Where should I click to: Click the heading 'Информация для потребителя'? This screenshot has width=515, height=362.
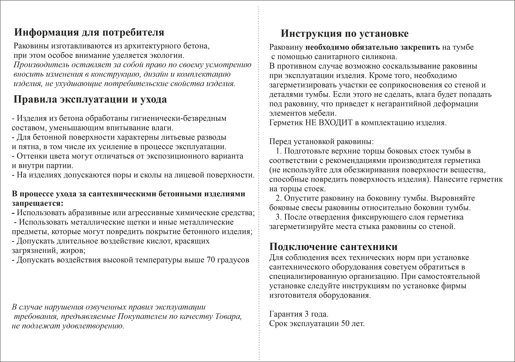point(89,33)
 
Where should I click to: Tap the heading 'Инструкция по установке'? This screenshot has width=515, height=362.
point(344,33)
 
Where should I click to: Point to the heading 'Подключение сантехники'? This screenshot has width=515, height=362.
point(333,247)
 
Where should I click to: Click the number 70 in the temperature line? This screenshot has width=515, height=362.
point(209,260)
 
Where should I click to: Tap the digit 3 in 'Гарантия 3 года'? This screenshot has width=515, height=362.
point(304,314)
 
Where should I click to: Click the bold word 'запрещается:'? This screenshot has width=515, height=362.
point(37,204)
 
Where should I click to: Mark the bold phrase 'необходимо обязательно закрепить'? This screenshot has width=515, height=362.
point(372,47)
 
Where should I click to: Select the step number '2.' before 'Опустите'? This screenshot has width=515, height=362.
point(279,198)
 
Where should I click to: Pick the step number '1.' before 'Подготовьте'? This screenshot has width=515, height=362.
point(279,151)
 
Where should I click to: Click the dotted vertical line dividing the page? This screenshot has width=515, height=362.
point(259,180)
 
